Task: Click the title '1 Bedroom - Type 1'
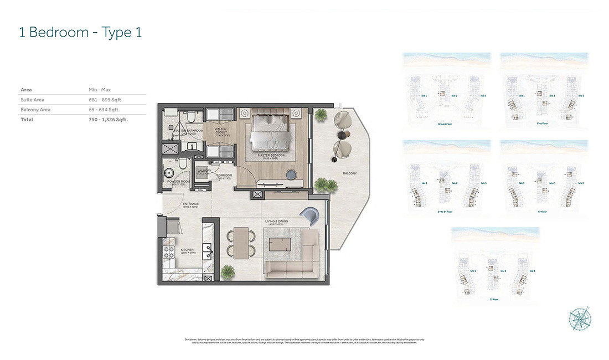pyautogui.click(x=80, y=32)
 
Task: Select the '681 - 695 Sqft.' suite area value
pyautogui.click(x=105, y=100)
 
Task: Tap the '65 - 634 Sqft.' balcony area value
pyautogui.click(x=105, y=110)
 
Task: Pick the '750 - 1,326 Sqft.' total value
pyautogui.click(x=108, y=120)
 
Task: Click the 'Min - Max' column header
pyautogui.click(x=100, y=89)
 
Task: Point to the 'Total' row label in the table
pyautogui.click(x=27, y=120)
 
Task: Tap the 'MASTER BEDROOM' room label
pyautogui.click(x=271, y=156)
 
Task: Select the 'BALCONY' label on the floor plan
pyautogui.click(x=349, y=173)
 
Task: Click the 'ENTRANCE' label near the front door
pyautogui.click(x=190, y=204)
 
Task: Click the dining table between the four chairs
pyautogui.click(x=241, y=243)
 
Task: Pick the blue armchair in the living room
pyautogui.click(x=309, y=215)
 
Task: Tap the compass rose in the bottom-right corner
pyautogui.click(x=580, y=319)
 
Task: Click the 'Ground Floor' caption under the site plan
pyautogui.click(x=445, y=124)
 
